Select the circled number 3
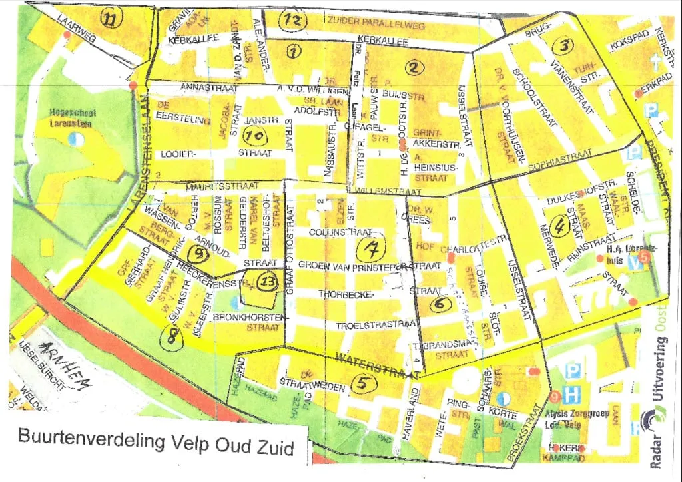[563, 45]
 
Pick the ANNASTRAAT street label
[204, 88]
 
